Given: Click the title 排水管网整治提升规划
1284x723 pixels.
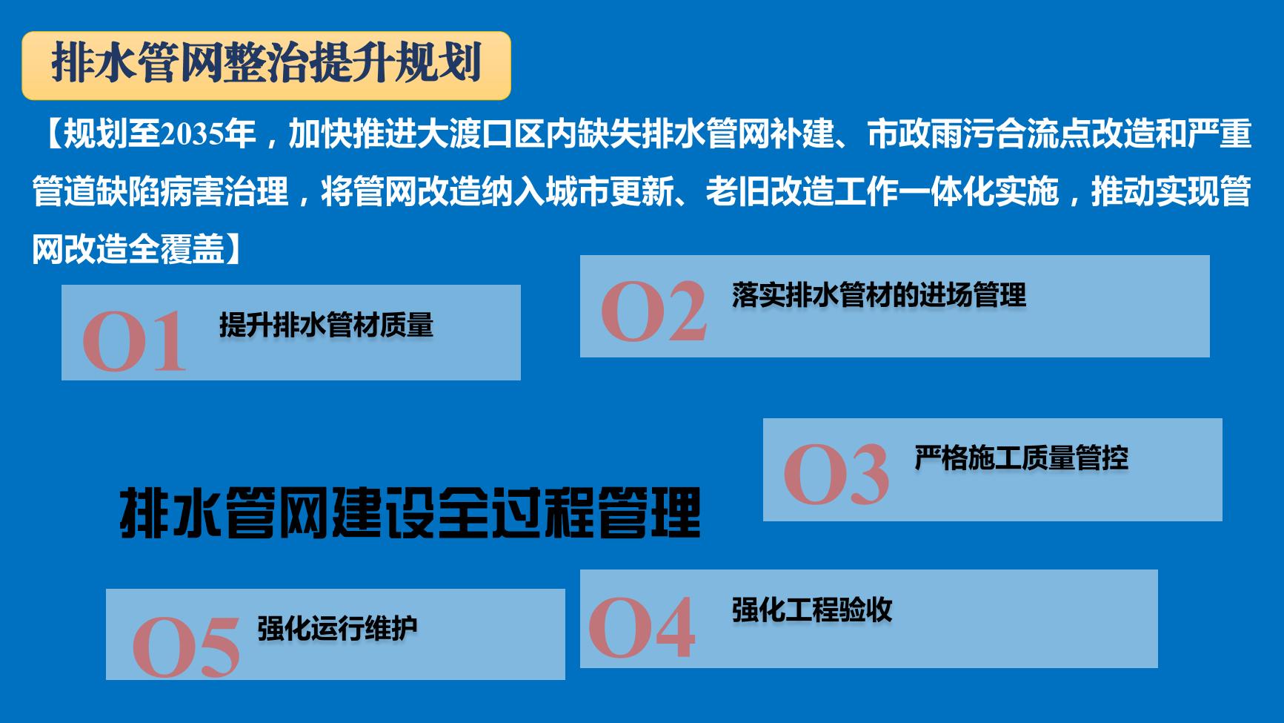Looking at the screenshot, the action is click(x=267, y=64).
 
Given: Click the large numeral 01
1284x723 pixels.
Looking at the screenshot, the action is click(x=134, y=341).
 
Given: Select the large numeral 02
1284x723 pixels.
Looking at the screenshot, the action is click(x=653, y=311).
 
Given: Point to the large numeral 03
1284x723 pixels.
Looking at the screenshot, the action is click(x=836, y=475).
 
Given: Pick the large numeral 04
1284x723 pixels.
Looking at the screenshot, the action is click(x=642, y=628).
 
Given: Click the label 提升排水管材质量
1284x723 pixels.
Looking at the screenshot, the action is click(x=326, y=325).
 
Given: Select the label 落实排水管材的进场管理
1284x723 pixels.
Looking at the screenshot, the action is click(x=879, y=295).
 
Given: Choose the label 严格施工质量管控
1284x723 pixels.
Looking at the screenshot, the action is click(x=1022, y=458).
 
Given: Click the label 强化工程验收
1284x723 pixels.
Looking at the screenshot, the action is click(x=812, y=610).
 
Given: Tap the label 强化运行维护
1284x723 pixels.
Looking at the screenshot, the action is click(x=338, y=629).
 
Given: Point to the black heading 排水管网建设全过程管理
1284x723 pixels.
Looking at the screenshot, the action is click(x=410, y=512).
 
